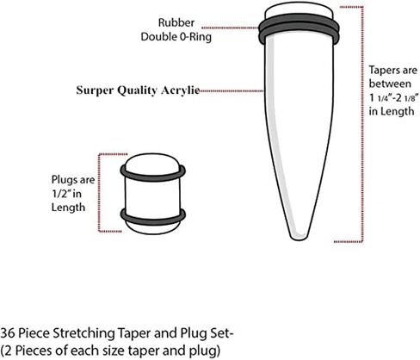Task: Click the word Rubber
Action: pos(176,22)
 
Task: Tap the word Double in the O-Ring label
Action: pos(158,37)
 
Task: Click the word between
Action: pos(390,84)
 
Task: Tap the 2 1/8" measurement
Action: pos(407,97)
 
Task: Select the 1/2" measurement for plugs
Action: pos(61,194)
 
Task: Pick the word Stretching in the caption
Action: pos(84,334)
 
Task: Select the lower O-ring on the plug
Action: pos(152,220)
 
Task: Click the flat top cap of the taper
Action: pos(299,11)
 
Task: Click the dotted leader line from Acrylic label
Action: pos(232,91)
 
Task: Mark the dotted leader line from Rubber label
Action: pos(230,28)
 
